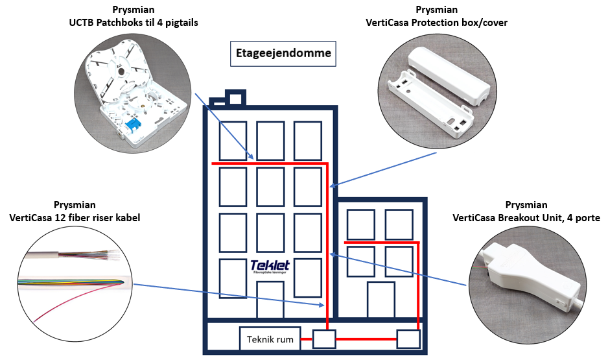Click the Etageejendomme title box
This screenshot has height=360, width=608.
click(284, 54)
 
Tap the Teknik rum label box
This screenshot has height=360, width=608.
click(270, 339)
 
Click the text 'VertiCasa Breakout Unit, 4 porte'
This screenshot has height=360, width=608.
click(526, 218)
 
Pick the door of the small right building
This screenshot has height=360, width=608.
click(380, 300)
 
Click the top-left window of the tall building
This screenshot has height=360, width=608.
click(233, 140)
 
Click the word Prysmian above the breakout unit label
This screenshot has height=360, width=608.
click(526, 205)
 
